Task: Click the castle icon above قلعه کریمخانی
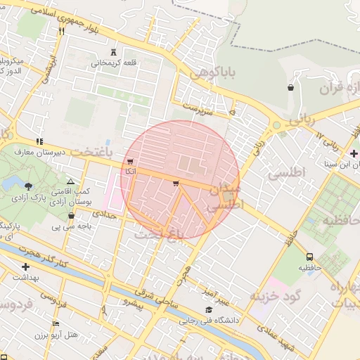[x=114, y=52]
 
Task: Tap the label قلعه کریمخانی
[x=116, y=63]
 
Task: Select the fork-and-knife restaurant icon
[x=62, y=31]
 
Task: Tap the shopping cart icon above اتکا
[x=130, y=161]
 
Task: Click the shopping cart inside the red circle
[x=175, y=184]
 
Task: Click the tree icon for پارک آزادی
[x=28, y=186]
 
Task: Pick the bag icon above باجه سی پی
[x=71, y=216]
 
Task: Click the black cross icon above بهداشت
[x=26, y=266]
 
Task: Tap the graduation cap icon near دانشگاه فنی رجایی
[x=208, y=310]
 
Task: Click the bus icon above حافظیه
[x=310, y=257]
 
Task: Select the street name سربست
[x=197, y=108]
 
